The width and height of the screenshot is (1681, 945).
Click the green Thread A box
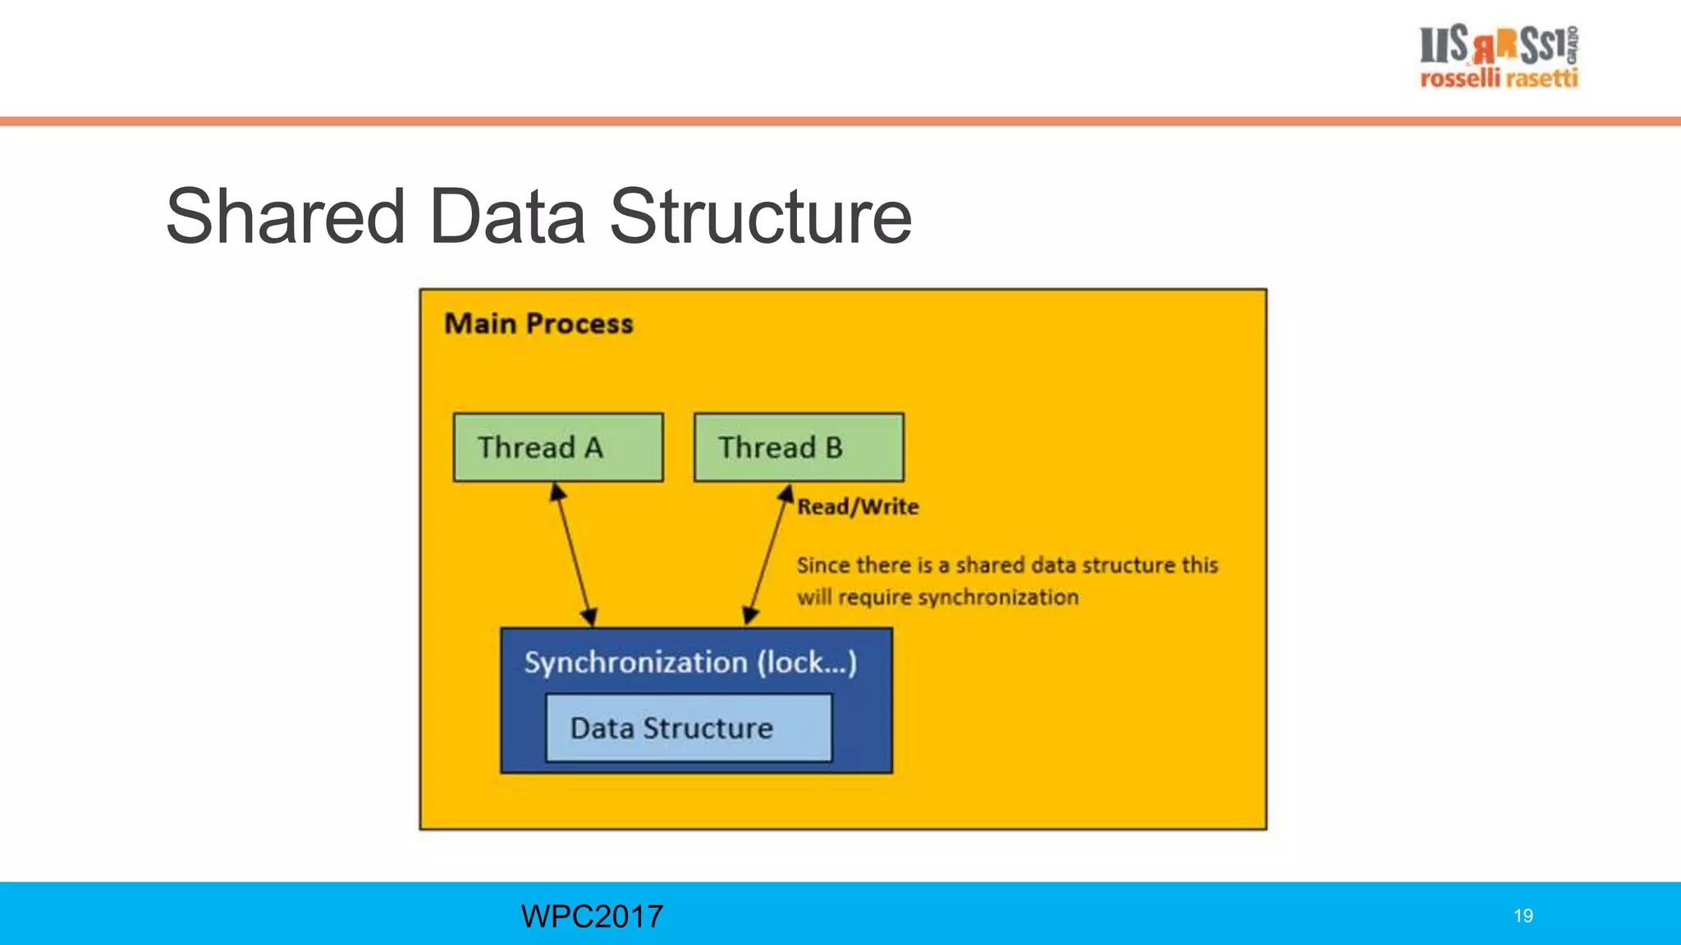[558, 447]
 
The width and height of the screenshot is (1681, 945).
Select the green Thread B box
[799, 447]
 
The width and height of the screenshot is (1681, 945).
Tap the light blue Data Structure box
[688, 728]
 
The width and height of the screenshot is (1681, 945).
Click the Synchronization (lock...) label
[690, 662]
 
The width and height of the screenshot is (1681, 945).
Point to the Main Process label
[538, 323]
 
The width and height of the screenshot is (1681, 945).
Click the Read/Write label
[858, 507]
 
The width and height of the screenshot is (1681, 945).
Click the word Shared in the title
[286, 217]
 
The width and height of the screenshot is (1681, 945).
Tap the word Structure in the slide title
[760, 217]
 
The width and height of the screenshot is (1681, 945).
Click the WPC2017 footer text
[592, 916]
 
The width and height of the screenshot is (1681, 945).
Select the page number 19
[1523, 916]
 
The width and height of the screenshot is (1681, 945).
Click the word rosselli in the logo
[1459, 79]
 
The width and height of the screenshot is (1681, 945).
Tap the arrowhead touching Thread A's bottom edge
[557, 491]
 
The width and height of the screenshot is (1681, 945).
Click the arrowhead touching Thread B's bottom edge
[786, 494]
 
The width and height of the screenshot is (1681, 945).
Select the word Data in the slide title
[506, 217]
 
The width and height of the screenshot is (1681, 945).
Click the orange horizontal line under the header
[840, 121]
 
